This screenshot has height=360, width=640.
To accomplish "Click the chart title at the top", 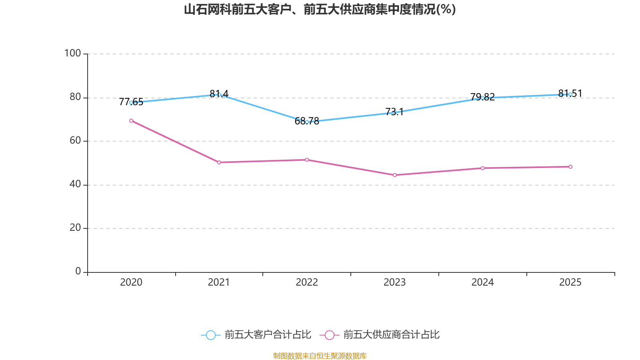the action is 320,10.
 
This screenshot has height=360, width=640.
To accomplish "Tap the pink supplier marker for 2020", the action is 131,120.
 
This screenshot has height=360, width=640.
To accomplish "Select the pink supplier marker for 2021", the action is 219,162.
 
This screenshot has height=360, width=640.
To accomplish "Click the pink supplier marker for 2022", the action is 307,160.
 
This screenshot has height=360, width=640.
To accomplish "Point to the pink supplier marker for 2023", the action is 395,175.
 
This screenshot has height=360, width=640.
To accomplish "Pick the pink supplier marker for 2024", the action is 482,168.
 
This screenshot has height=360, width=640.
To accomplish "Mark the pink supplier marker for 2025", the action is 570,167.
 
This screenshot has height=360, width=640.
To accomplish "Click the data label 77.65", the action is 131,102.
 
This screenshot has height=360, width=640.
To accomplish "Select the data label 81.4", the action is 219,94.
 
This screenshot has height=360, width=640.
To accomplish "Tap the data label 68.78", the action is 307,121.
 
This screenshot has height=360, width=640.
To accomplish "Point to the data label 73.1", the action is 394,112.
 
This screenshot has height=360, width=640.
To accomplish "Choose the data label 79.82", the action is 482,97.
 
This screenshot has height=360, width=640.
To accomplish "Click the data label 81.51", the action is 570,94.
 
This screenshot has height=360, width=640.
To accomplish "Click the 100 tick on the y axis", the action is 72,53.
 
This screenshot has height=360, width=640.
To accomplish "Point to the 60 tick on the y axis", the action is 75,140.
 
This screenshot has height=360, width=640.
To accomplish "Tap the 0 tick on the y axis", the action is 78,271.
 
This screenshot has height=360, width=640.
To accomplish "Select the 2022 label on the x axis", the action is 307,282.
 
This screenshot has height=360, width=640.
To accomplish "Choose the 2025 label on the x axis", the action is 570,282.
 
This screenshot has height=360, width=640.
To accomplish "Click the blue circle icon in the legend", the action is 211,335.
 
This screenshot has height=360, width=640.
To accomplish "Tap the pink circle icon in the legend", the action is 330,335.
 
